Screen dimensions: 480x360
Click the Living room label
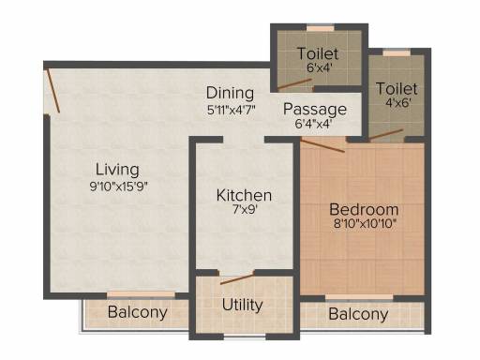click(117, 171)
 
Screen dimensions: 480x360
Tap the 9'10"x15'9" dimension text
click(118, 187)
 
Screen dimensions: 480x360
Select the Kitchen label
click(244, 195)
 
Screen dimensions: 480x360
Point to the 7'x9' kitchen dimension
click(245, 210)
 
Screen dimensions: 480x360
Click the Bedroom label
click(364, 209)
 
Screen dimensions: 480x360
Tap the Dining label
click(230, 94)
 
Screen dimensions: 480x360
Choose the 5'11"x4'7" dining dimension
click(232, 110)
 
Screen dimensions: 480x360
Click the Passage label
click(315, 110)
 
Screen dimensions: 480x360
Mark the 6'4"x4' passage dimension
click(313, 124)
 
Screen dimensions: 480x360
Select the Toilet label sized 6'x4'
click(318, 53)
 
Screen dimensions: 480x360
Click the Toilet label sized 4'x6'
click(397, 89)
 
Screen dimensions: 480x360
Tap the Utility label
click(242, 305)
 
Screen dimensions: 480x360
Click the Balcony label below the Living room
click(138, 312)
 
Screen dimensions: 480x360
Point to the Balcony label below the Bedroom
click(358, 314)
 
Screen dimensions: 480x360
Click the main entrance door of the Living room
click(53, 90)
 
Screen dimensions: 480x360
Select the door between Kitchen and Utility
click(237, 279)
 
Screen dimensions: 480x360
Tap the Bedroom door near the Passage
click(323, 146)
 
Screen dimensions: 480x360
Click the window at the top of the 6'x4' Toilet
click(321, 28)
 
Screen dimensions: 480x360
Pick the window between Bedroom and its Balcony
click(359, 297)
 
